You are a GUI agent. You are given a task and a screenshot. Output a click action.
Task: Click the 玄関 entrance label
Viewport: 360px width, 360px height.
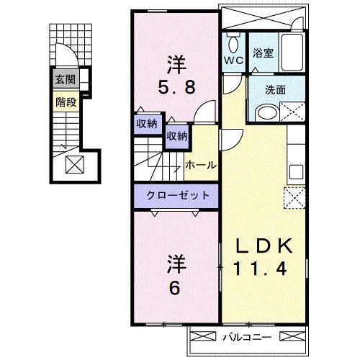[66, 79]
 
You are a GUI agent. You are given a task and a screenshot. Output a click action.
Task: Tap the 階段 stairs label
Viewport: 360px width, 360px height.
[66, 102]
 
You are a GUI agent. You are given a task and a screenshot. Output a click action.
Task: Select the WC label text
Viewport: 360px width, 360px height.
[233, 60]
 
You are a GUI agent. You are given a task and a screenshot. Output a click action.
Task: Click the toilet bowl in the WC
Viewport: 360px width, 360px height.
[233, 45]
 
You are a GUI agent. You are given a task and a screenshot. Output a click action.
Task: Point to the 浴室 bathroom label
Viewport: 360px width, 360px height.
[263, 53]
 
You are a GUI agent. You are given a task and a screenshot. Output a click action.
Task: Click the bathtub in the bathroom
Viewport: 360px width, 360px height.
[292, 52]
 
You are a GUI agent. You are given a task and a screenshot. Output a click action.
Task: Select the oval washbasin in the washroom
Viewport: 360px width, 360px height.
[266, 113]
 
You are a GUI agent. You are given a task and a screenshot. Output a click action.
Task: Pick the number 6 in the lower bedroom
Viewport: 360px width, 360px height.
[175, 288]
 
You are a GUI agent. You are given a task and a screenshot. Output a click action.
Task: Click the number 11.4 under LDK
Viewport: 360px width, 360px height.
[260, 269]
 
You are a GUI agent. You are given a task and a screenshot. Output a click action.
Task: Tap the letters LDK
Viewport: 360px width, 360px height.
[264, 246]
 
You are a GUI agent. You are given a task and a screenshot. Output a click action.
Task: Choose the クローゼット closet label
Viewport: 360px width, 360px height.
[178, 195]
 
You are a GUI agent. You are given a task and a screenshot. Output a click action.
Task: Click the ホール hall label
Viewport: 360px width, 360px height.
[201, 165]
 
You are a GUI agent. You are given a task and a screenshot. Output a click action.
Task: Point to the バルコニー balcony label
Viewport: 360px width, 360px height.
[248, 337]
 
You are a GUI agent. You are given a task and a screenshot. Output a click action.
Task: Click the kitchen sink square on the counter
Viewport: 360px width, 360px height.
[296, 171]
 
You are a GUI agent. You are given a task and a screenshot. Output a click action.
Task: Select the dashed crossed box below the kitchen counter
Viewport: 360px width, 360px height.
[294, 198]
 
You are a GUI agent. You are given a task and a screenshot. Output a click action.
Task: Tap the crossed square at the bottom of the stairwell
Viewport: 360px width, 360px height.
[75, 164]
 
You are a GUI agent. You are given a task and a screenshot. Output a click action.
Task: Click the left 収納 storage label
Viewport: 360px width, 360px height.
[147, 124]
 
